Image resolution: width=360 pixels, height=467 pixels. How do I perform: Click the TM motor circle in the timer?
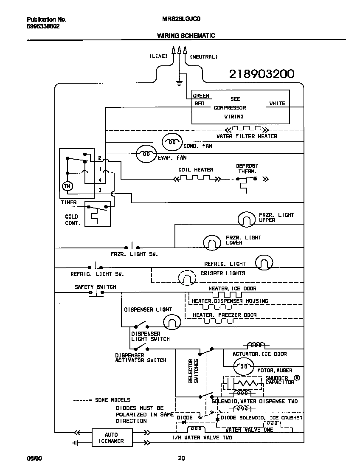coord(67,186)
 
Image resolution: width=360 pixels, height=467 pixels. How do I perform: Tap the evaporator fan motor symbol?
coord(146,154)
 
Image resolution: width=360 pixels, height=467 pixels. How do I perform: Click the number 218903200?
coord(262,74)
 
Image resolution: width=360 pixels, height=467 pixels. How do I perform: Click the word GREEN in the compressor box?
coord(201,96)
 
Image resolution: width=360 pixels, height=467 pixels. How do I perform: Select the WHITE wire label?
coord(277,104)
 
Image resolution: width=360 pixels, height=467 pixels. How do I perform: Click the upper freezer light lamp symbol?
coord(245,219)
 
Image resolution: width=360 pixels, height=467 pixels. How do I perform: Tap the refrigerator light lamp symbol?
coord(264,263)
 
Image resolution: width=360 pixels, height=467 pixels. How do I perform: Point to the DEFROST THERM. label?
coord(247,169)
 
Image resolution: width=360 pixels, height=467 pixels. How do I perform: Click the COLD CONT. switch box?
coord(98,215)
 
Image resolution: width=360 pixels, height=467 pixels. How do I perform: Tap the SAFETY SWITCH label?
coord(95,287)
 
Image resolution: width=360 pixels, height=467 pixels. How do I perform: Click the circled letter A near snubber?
coord(297,377)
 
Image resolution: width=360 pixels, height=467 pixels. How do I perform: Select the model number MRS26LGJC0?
coord(177,20)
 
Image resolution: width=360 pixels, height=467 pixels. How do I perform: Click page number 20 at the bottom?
coord(181,458)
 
